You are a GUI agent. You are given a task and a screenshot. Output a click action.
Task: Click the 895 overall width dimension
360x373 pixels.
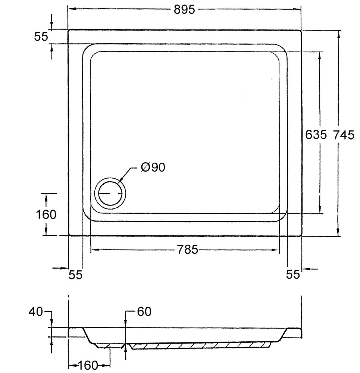[184, 9]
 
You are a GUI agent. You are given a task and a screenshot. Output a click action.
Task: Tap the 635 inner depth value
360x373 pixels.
[316, 134]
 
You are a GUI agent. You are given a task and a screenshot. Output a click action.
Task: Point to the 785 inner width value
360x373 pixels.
[188, 250]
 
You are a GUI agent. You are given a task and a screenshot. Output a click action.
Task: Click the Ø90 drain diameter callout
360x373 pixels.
[153, 167]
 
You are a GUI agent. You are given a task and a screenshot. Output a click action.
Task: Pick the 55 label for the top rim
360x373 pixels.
[41, 37]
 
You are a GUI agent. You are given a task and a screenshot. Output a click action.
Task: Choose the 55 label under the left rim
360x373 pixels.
[75, 275]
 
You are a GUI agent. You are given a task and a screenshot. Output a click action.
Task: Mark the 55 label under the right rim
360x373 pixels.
[293, 275]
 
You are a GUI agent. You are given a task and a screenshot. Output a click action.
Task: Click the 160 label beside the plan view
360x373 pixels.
[46, 214]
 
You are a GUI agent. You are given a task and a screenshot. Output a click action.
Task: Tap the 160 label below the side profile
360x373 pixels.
[88, 365]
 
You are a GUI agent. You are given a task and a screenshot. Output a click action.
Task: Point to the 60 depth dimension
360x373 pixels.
[144, 312]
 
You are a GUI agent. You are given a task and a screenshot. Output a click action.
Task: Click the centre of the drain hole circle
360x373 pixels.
[110, 194]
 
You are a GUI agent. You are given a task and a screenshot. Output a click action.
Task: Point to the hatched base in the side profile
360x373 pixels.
[201, 346]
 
